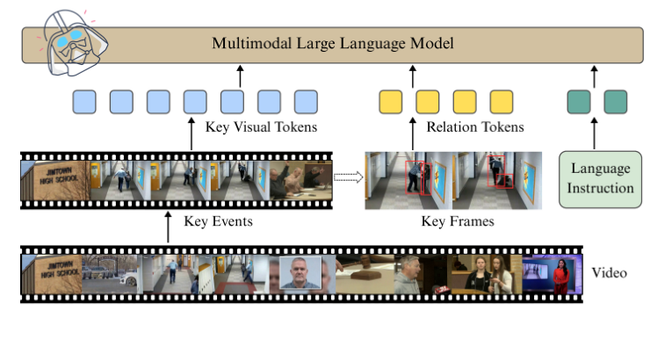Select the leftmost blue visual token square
[84, 102]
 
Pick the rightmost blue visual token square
[305, 102]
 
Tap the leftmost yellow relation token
[390, 102]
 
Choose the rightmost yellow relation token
[501, 102]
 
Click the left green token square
[579, 102]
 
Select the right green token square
[616, 102]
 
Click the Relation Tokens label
[474, 128]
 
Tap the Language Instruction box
[602, 178]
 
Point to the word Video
[610, 273]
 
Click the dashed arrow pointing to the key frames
[349, 176]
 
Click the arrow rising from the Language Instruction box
[595, 133]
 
